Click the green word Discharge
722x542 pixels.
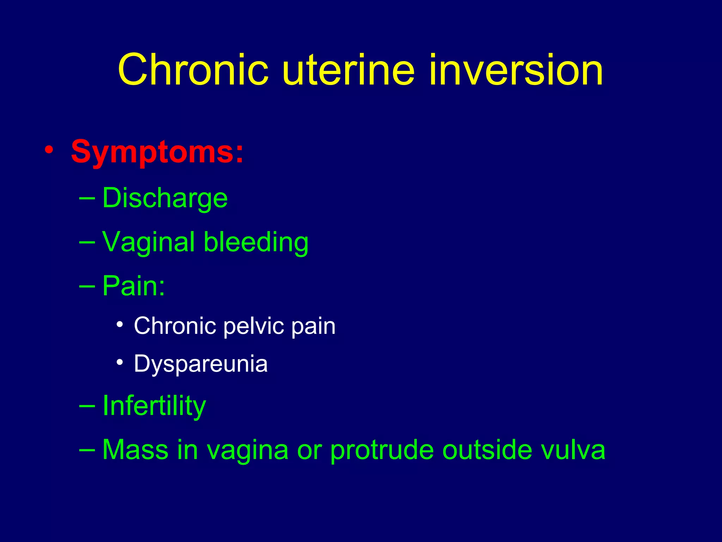click(165, 198)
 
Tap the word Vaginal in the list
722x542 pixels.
click(148, 242)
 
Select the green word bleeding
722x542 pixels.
click(256, 242)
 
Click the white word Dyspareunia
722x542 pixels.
click(201, 364)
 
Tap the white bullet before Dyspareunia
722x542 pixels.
click(120, 362)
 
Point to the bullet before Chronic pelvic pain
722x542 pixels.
click(120, 324)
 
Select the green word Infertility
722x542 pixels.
click(154, 406)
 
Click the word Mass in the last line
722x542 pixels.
click(135, 450)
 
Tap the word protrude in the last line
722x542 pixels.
click(382, 450)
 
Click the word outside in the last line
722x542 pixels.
click(487, 450)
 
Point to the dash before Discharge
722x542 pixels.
click(87, 199)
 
